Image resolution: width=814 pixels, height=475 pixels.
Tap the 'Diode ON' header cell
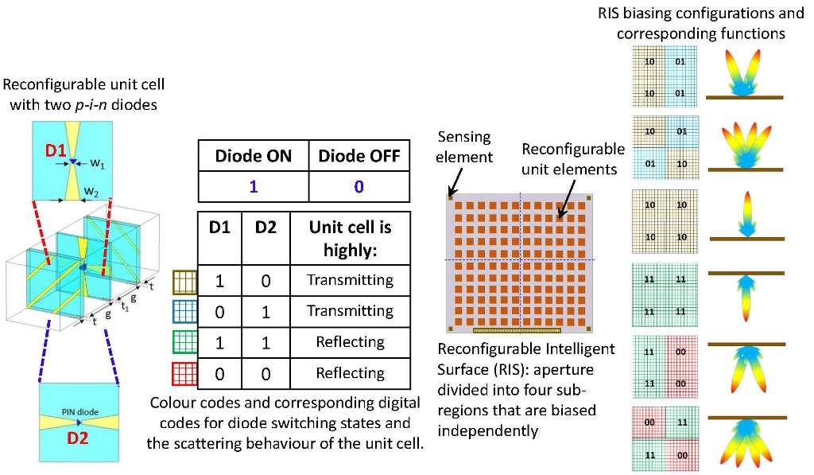tap(253, 155)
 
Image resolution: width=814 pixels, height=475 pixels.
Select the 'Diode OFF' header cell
tap(359, 155)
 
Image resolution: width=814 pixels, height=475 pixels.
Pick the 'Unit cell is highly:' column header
tap(350, 238)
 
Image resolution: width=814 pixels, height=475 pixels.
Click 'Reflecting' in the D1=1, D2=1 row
tap(350, 342)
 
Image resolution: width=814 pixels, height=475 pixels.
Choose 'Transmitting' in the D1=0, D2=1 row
tap(350, 311)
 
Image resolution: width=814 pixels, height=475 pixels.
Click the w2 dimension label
tap(92, 193)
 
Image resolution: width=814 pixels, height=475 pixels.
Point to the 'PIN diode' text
tap(78, 411)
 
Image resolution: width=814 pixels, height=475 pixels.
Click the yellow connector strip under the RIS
tap(519, 328)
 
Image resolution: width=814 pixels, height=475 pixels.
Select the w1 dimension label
tap(95, 165)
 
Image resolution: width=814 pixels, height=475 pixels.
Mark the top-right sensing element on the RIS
tap(588, 197)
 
